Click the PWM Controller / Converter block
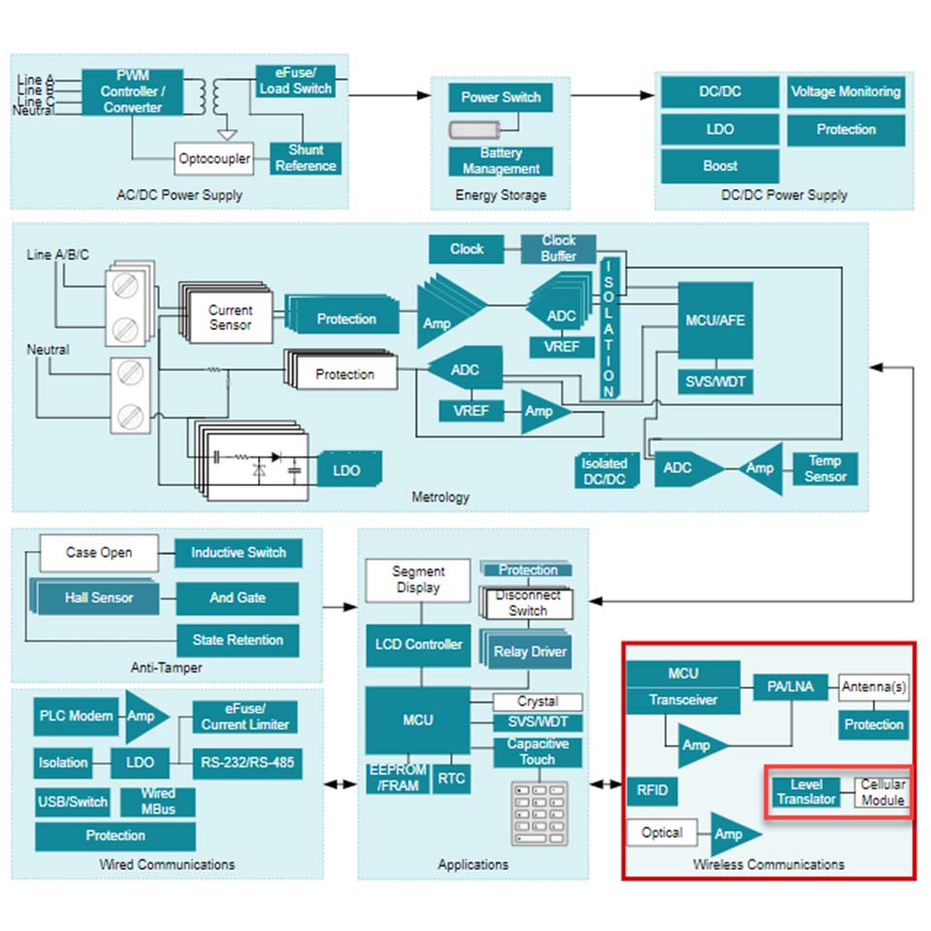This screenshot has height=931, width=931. [x=133, y=92]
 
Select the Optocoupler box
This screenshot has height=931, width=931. [x=214, y=158]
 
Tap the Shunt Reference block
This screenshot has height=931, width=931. [x=305, y=158]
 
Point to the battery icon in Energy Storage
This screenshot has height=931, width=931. [x=474, y=129]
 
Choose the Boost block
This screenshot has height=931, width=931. [x=720, y=166]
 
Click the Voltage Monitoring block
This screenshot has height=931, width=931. [x=846, y=92]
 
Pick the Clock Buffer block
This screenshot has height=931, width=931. [x=559, y=248]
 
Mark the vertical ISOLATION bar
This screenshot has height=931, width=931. [x=609, y=328]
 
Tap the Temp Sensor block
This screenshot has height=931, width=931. [x=825, y=468]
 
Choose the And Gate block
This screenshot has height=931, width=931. [x=238, y=597]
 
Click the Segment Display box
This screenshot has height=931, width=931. [x=418, y=580]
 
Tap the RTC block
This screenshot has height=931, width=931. [x=451, y=777]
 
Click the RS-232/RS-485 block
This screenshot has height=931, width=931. [x=244, y=762]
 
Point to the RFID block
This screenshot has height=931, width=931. [x=652, y=790]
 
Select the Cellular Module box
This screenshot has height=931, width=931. [x=883, y=792]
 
